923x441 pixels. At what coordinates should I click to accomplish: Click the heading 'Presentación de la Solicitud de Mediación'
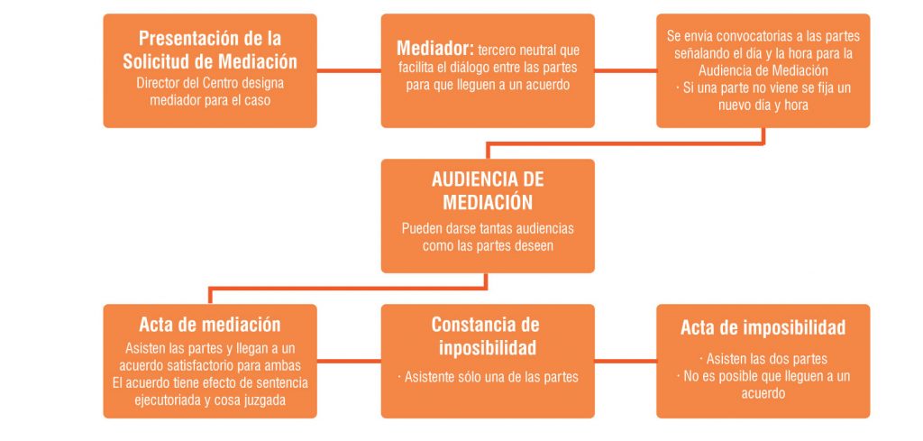(x=210, y=50)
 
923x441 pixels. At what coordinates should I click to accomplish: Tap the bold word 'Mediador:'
(x=434, y=48)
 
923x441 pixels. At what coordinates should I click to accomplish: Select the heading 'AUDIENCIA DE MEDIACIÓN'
(x=488, y=191)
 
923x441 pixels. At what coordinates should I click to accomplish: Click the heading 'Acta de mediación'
(x=210, y=325)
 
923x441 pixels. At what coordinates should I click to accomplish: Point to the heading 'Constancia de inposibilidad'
(x=488, y=335)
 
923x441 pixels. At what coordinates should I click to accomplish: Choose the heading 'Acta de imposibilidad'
(x=763, y=327)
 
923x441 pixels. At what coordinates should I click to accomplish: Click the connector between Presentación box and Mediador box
(x=349, y=70)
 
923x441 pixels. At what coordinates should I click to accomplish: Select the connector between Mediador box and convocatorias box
(x=626, y=70)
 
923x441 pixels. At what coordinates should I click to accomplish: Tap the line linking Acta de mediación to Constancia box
(x=349, y=361)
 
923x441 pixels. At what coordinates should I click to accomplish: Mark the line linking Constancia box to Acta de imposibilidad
(x=626, y=361)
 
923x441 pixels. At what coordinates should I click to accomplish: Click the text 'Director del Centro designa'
(x=210, y=83)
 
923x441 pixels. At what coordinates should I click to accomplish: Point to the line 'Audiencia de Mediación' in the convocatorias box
(x=763, y=70)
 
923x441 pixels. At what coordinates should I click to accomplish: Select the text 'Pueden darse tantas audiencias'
(x=488, y=228)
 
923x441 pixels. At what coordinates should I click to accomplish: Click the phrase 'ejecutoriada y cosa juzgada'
(x=210, y=400)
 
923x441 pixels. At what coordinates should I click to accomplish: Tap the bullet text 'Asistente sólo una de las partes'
(x=488, y=377)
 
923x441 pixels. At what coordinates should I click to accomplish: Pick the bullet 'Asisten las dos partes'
(x=763, y=359)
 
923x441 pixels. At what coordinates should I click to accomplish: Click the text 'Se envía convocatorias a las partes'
(x=763, y=36)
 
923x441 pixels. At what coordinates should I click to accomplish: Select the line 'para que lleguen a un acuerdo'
(x=488, y=85)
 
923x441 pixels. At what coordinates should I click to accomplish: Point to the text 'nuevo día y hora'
(x=763, y=106)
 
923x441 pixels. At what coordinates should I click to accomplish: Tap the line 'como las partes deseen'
(x=488, y=245)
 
